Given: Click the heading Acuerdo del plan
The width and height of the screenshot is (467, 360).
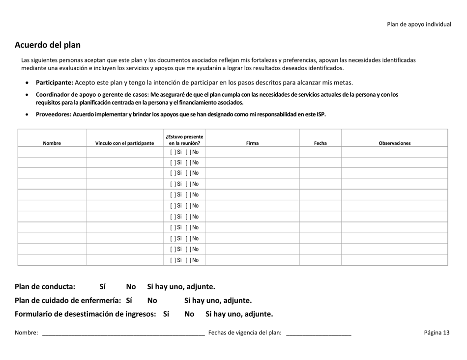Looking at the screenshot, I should coord(48,45).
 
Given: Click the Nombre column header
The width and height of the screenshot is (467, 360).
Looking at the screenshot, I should coord(52,143).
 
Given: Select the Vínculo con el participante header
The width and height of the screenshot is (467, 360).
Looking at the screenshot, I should coord(124,143).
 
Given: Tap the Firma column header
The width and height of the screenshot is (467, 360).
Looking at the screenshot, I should coord(252,143).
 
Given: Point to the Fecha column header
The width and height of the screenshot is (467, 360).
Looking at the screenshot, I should coord(321,143).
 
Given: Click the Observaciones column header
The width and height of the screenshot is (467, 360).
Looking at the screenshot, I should coord(394,143).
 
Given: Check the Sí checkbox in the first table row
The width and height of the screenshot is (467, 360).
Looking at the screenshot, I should coord(173,152).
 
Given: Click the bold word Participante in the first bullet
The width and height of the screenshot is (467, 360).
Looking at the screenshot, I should coord(54,83).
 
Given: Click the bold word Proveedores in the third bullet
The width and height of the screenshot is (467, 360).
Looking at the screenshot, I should coord(53,114).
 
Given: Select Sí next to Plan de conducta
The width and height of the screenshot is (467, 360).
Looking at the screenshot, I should coord(102,286).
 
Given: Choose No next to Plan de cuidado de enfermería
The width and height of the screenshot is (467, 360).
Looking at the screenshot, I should coord(152,300).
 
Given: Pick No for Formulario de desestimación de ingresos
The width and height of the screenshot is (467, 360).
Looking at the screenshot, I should coord(189,314).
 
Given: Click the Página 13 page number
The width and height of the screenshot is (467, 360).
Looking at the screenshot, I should coord(437,332).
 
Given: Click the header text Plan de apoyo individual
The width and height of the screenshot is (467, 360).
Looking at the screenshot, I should coord(419,24).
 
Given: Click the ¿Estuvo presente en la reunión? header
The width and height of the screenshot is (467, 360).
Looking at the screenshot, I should coord(184,140).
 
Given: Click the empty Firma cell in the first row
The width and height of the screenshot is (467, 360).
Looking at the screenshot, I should coord(252,152).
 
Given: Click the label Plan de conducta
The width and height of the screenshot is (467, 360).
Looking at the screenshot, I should coord(45,286).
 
